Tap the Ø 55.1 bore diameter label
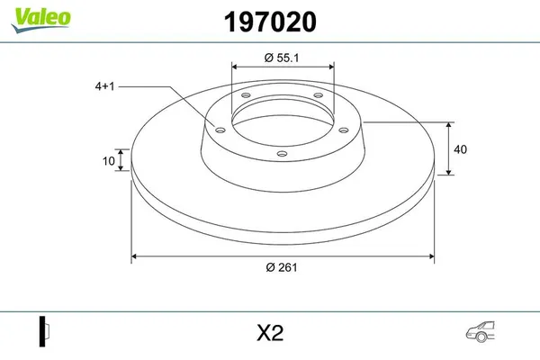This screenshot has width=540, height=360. (x=283, y=58)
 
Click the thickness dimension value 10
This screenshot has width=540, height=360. (x=109, y=162)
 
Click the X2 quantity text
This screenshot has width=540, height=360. (x=270, y=333)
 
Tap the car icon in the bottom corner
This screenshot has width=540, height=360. (x=480, y=332)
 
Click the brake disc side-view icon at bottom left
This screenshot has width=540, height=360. (x=42, y=332)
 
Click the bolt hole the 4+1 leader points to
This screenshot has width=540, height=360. (x=217, y=128)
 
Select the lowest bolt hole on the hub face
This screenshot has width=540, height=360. (x=282, y=154)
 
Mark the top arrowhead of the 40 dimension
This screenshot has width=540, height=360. (x=449, y=124)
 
